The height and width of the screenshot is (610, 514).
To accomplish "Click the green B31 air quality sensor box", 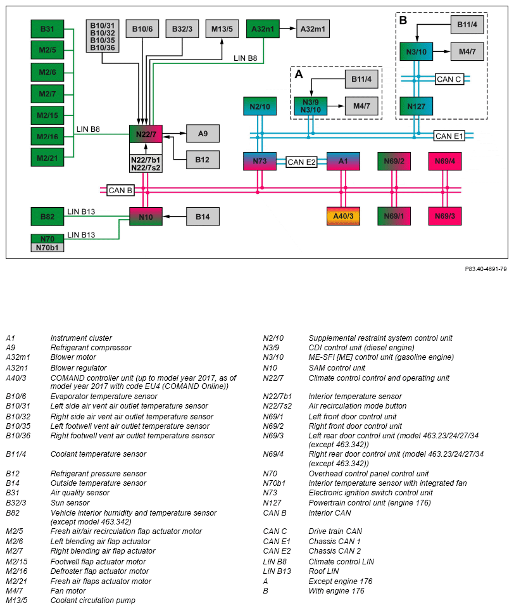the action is (47, 29).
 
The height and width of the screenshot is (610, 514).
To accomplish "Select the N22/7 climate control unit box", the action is (146, 134).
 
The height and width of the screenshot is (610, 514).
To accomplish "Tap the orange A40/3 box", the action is (343, 216).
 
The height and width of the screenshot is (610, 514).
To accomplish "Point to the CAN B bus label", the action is (120, 190).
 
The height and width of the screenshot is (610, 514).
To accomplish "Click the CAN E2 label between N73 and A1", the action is (301, 162).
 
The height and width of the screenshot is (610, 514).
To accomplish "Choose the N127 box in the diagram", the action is (417, 106).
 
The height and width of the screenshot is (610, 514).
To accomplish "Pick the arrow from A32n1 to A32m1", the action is (288, 29).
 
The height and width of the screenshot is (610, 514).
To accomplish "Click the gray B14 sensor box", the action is (203, 217).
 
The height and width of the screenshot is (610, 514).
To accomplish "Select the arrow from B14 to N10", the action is (174, 217).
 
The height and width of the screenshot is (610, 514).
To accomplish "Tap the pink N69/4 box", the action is (445, 161).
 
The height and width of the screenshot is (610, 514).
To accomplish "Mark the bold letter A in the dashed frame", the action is (299, 74).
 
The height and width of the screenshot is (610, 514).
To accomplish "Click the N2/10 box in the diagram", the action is (260, 106).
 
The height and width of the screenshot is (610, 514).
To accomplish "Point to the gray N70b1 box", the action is (47, 248).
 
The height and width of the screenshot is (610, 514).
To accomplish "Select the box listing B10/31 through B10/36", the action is (103, 36).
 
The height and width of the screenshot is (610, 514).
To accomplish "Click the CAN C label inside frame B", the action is (449, 79).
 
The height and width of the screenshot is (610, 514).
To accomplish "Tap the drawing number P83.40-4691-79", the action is (486, 269).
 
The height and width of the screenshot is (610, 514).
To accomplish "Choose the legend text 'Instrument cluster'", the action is (81, 338).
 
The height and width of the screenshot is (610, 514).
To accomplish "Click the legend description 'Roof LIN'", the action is (323, 571).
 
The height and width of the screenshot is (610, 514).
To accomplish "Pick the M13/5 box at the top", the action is (222, 29).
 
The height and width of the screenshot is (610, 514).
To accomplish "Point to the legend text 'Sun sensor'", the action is (70, 502).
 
